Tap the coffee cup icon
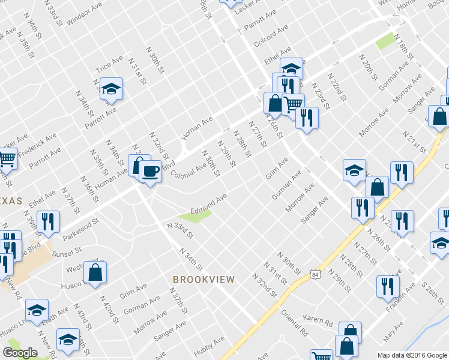pyautogui.click(x=149, y=172)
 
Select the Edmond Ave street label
pyautogui.click(x=208, y=204)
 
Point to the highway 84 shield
pyautogui.click(x=315, y=274)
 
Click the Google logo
pyautogui.click(x=20, y=353)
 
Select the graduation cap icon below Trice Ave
pyautogui.click(x=111, y=89)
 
